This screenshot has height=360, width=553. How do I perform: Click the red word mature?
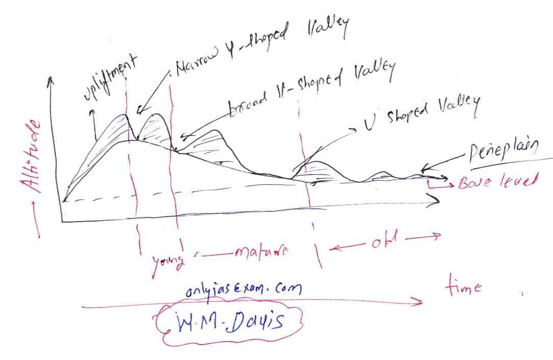260,251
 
